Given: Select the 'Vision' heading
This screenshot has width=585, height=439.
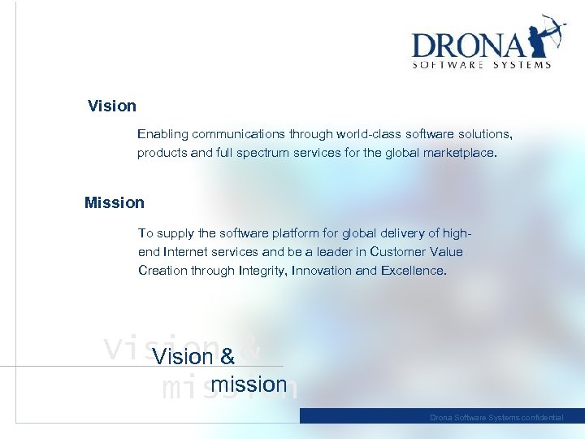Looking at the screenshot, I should click(x=112, y=106).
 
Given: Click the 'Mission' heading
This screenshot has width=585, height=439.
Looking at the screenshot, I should click(x=115, y=203).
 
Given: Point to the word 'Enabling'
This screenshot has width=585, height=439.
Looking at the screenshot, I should click(x=162, y=133).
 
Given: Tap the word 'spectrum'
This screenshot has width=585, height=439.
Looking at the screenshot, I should click(x=265, y=153).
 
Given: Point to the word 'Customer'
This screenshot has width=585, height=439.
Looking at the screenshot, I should click(x=396, y=252).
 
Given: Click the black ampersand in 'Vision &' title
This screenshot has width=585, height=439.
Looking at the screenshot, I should click(x=227, y=357).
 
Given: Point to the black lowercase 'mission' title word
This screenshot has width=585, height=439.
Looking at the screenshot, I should click(x=249, y=385).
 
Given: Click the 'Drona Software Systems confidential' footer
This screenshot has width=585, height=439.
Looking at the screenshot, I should click(x=496, y=417).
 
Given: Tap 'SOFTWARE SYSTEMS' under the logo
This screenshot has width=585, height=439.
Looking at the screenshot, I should click(x=482, y=65).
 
